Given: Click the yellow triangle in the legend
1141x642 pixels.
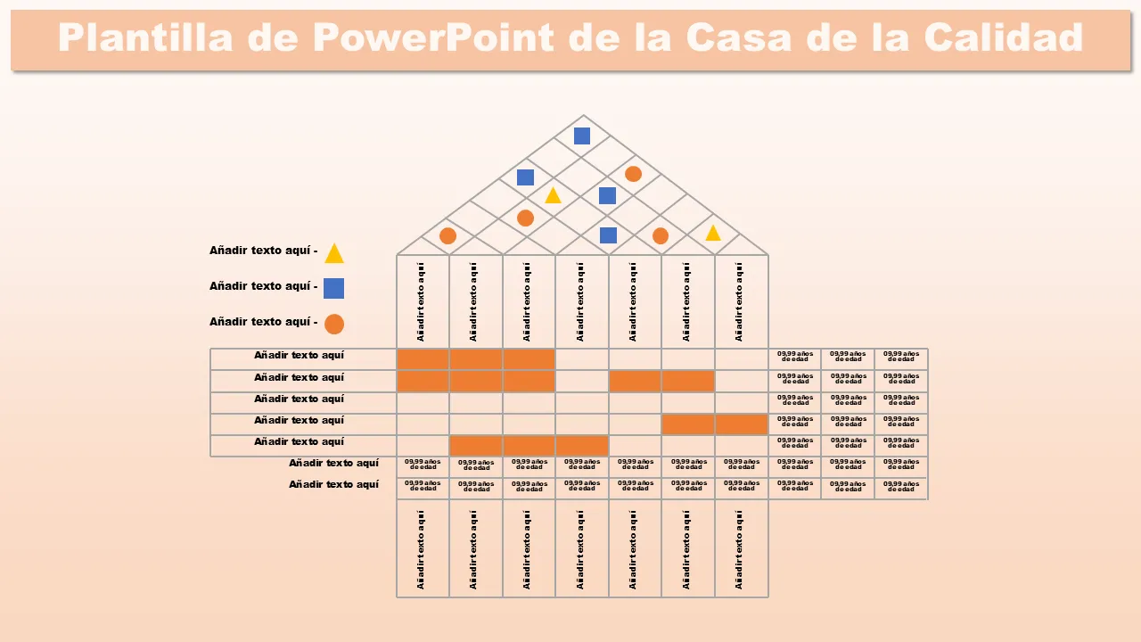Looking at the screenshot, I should (334, 254).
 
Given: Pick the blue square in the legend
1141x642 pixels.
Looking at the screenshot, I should (333, 288).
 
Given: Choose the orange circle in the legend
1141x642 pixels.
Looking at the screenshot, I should (334, 324).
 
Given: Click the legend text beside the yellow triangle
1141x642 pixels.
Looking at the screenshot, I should (263, 251).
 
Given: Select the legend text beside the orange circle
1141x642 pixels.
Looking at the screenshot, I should (263, 322).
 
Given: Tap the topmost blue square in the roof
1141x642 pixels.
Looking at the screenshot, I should (582, 136).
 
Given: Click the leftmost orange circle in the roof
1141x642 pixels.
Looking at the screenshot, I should (448, 236).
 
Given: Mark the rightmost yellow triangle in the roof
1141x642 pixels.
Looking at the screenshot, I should (713, 234).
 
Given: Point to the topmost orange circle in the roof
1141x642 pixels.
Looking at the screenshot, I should (633, 174).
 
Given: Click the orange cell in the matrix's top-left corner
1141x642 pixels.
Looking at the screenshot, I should (423, 359).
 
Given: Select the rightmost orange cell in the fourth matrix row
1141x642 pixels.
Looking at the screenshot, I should (742, 424).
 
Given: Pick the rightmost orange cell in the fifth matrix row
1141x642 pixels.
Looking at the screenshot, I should (582, 446).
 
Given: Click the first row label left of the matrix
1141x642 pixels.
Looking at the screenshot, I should (299, 356).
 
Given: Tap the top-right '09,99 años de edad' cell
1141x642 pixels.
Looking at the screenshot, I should (900, 357).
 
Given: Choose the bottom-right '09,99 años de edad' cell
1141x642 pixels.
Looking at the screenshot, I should (900, 487).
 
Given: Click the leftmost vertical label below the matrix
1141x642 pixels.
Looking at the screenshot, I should (422, 548).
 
